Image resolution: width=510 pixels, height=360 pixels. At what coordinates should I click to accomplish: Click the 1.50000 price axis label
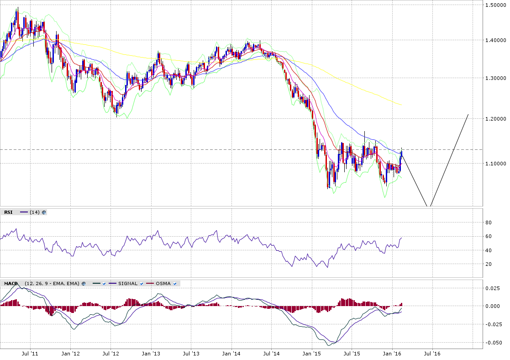click(495, 5)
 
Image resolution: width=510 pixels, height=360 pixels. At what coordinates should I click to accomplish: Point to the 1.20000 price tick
click(495, 119)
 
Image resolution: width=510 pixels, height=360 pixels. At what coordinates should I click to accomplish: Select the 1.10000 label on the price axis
click(495, 164)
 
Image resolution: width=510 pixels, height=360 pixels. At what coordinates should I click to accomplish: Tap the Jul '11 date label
click(30, 354)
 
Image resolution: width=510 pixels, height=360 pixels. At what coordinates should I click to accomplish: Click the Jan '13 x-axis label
click(151, 354)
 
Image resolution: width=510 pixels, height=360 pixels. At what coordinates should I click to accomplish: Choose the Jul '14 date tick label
click(272, 354)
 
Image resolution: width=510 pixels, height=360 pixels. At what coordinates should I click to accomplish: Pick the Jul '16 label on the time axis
click(432, 354)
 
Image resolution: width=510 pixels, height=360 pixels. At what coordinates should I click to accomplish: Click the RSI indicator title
click(8, 212)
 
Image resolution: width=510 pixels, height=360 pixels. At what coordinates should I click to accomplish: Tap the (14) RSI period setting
click(35, 212)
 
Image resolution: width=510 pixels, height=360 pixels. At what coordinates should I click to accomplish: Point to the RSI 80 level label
click(489, 222)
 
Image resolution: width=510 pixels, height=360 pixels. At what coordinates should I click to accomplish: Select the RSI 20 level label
click(489, 264)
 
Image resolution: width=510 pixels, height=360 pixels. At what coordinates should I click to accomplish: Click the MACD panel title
click(11, 284)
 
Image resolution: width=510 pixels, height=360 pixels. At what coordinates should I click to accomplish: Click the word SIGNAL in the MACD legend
click(128, 284)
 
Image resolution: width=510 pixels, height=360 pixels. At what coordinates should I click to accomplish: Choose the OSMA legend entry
click(163, 284)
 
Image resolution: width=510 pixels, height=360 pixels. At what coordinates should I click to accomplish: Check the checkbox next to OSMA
click(175, 284)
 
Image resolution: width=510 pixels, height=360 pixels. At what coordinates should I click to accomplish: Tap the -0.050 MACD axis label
click(493, 343)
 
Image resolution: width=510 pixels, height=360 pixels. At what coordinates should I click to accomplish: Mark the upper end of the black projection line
click(468, 114)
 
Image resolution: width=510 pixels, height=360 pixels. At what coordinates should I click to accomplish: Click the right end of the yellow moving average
click(402, 105)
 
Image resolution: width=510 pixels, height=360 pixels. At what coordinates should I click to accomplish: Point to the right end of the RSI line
click(402, 238)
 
